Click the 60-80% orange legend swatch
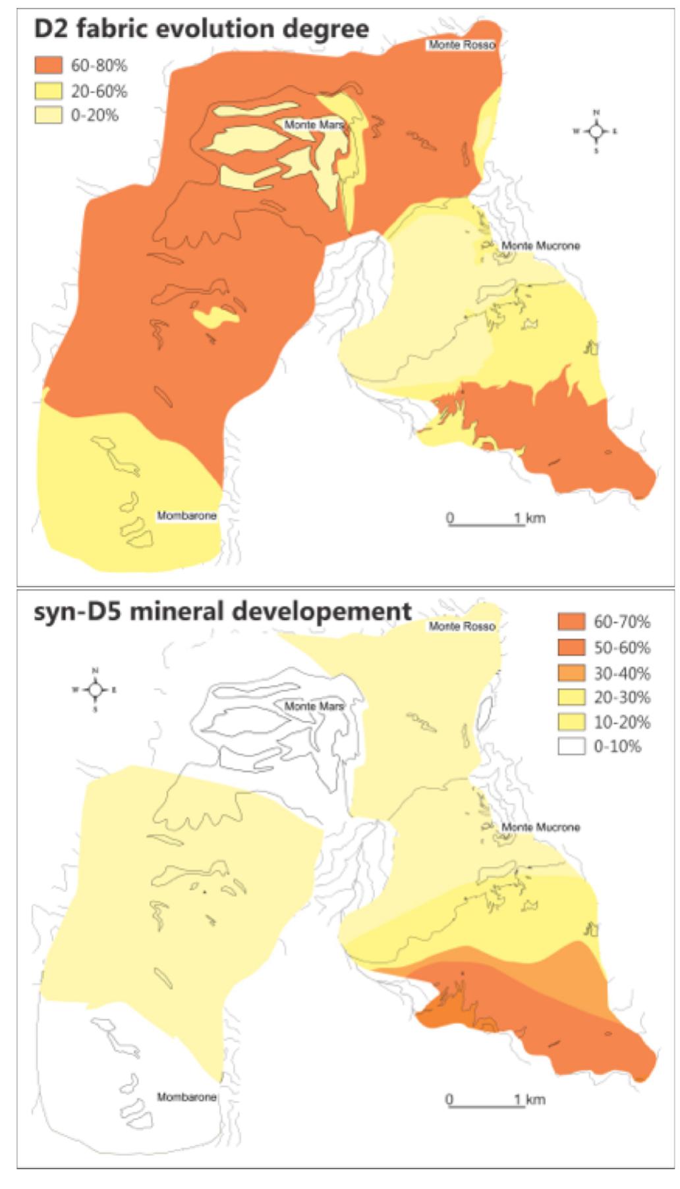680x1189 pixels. (x=48, y=65)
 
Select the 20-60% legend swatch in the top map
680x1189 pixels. (x=48, y=91)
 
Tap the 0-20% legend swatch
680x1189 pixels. (x=48, y=115)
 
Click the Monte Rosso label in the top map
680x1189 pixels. (x=461, y=45)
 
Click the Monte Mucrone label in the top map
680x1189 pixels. (x=540, y=246)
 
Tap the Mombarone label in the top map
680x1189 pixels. (x=186, y=515)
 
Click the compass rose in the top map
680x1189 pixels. (x=596, y=131)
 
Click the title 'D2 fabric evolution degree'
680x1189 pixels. (x=201, y=30)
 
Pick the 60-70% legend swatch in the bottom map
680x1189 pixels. (x=571, y=621)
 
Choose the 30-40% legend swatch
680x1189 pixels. (x=571, y=673)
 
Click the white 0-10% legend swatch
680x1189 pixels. (x=571, y=747)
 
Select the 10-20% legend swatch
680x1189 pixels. (x=571, y=722)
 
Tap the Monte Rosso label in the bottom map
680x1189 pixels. (x=461, y=626)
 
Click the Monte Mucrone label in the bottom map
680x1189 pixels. (x=540, y=827)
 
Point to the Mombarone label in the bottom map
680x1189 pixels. (x=186, y=1097)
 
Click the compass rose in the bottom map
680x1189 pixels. (x=95, y=689)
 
